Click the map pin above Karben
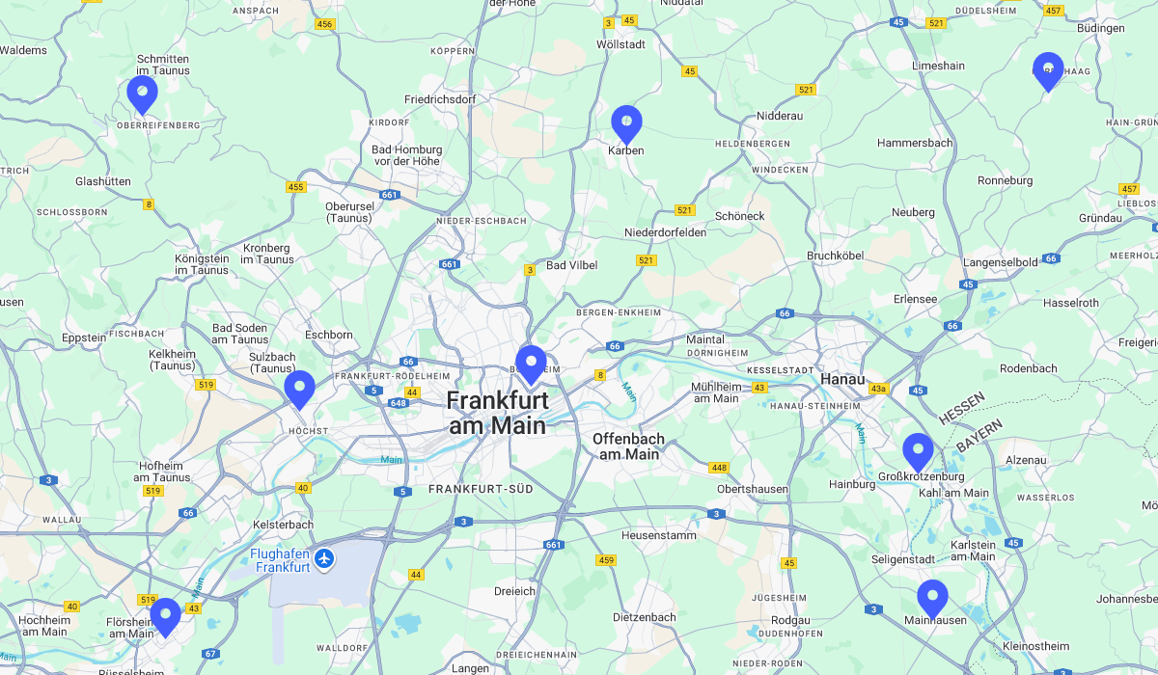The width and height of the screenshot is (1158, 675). coord(626,122)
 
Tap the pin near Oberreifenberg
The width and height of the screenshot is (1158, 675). coord(142,93)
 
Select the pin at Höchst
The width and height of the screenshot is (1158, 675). coord(299,388)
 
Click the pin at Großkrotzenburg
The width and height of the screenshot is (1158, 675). coord(918,450)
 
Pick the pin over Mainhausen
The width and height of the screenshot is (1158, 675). coord(932,597)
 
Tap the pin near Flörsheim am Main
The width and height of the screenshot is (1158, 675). coord(165,615)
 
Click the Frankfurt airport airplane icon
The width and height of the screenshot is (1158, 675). coord(325,558)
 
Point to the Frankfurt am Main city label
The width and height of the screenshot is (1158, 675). coord(497,413)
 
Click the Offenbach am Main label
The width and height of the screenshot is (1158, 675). coord(628,445)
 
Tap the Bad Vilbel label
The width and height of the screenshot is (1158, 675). coord(572,265)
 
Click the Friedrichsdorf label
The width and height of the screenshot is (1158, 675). coord(440,99)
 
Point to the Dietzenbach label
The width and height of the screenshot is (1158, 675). coord(645,616)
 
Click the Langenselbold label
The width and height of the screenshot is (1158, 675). coord(1001,262)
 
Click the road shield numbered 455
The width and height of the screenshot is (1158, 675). coord(295,187)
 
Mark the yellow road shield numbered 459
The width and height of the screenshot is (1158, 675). coord(606,560)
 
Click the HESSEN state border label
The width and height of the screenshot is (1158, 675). coord(962,408)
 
